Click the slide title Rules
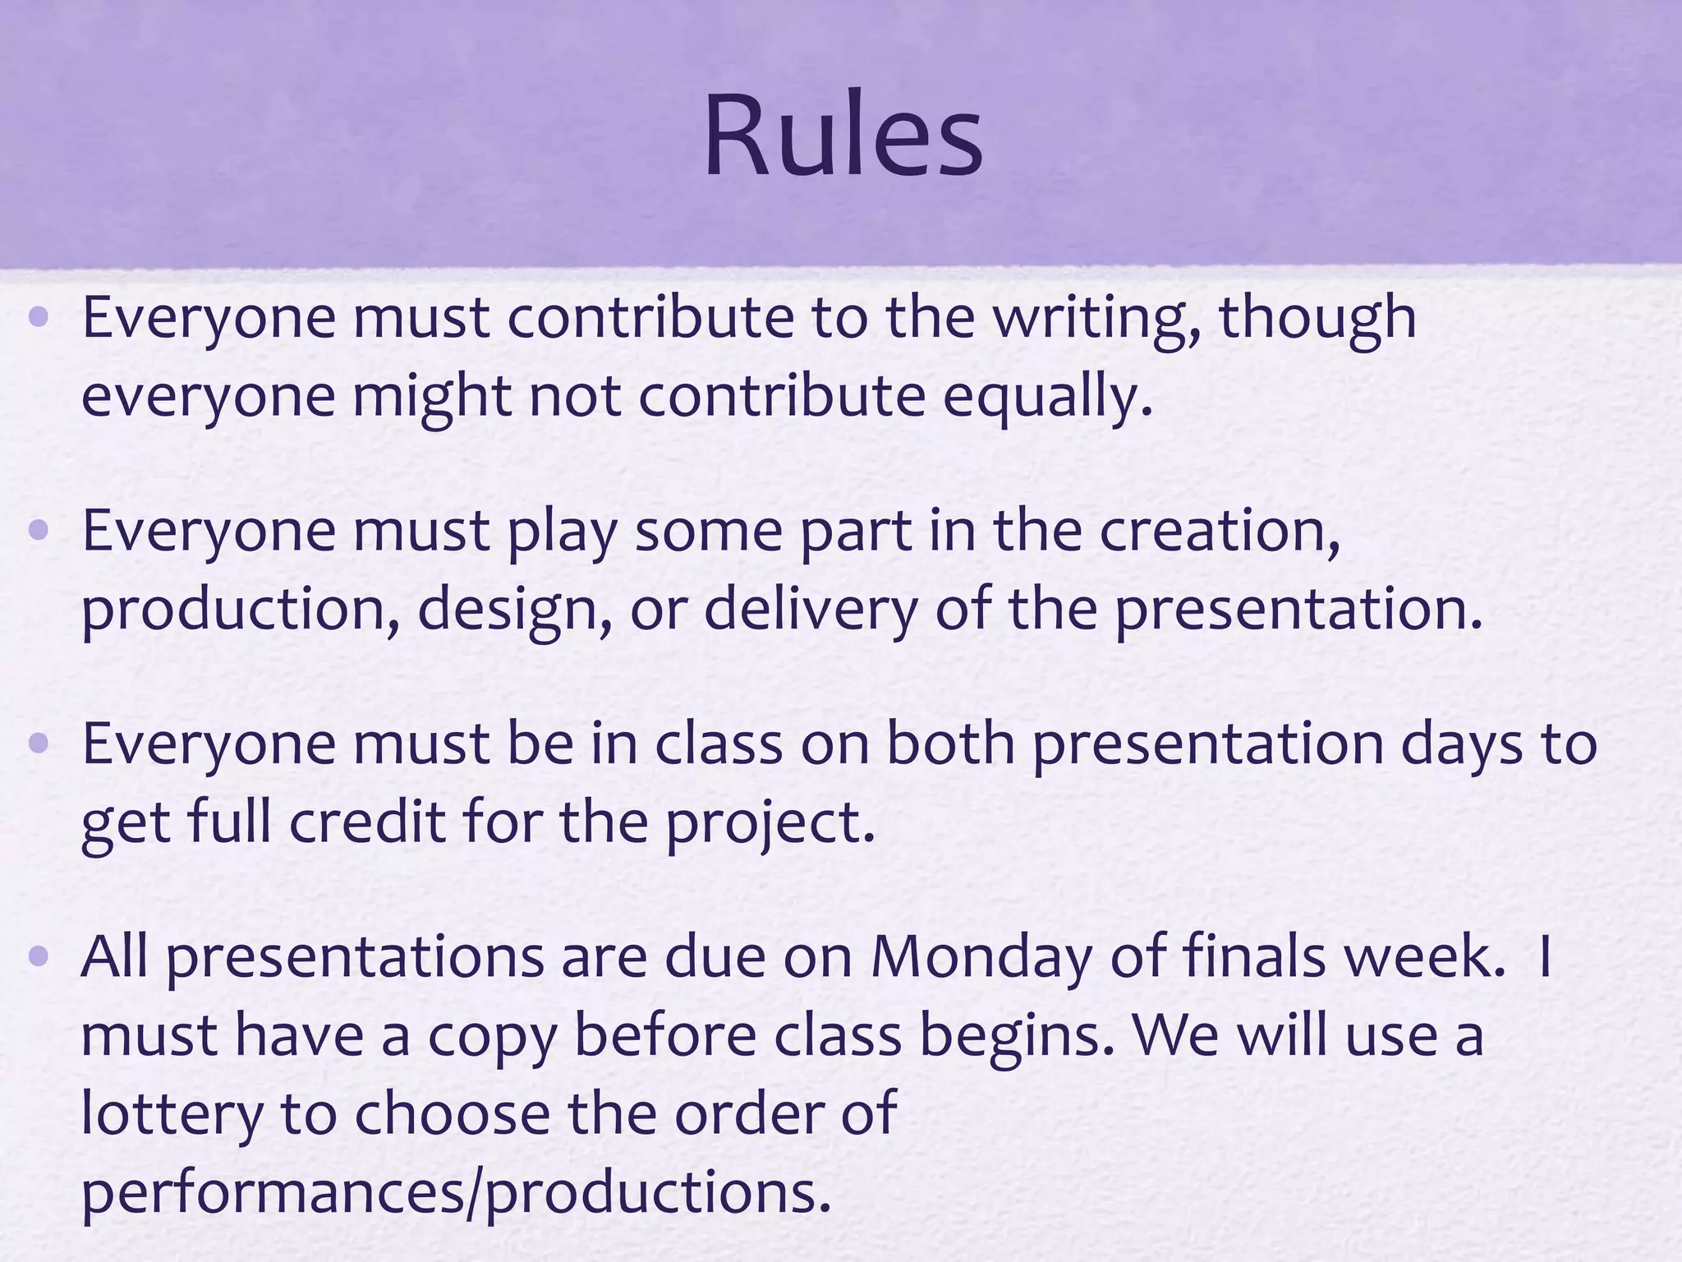pos(843,136)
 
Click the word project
pos(769,824)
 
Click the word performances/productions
pos(456,1194)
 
